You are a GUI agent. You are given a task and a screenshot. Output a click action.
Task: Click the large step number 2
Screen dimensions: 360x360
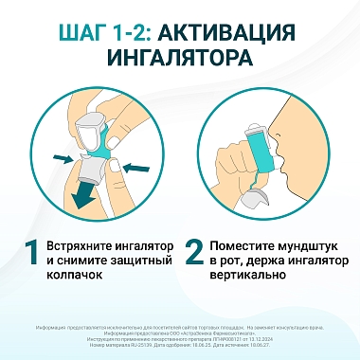(193, 254)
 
